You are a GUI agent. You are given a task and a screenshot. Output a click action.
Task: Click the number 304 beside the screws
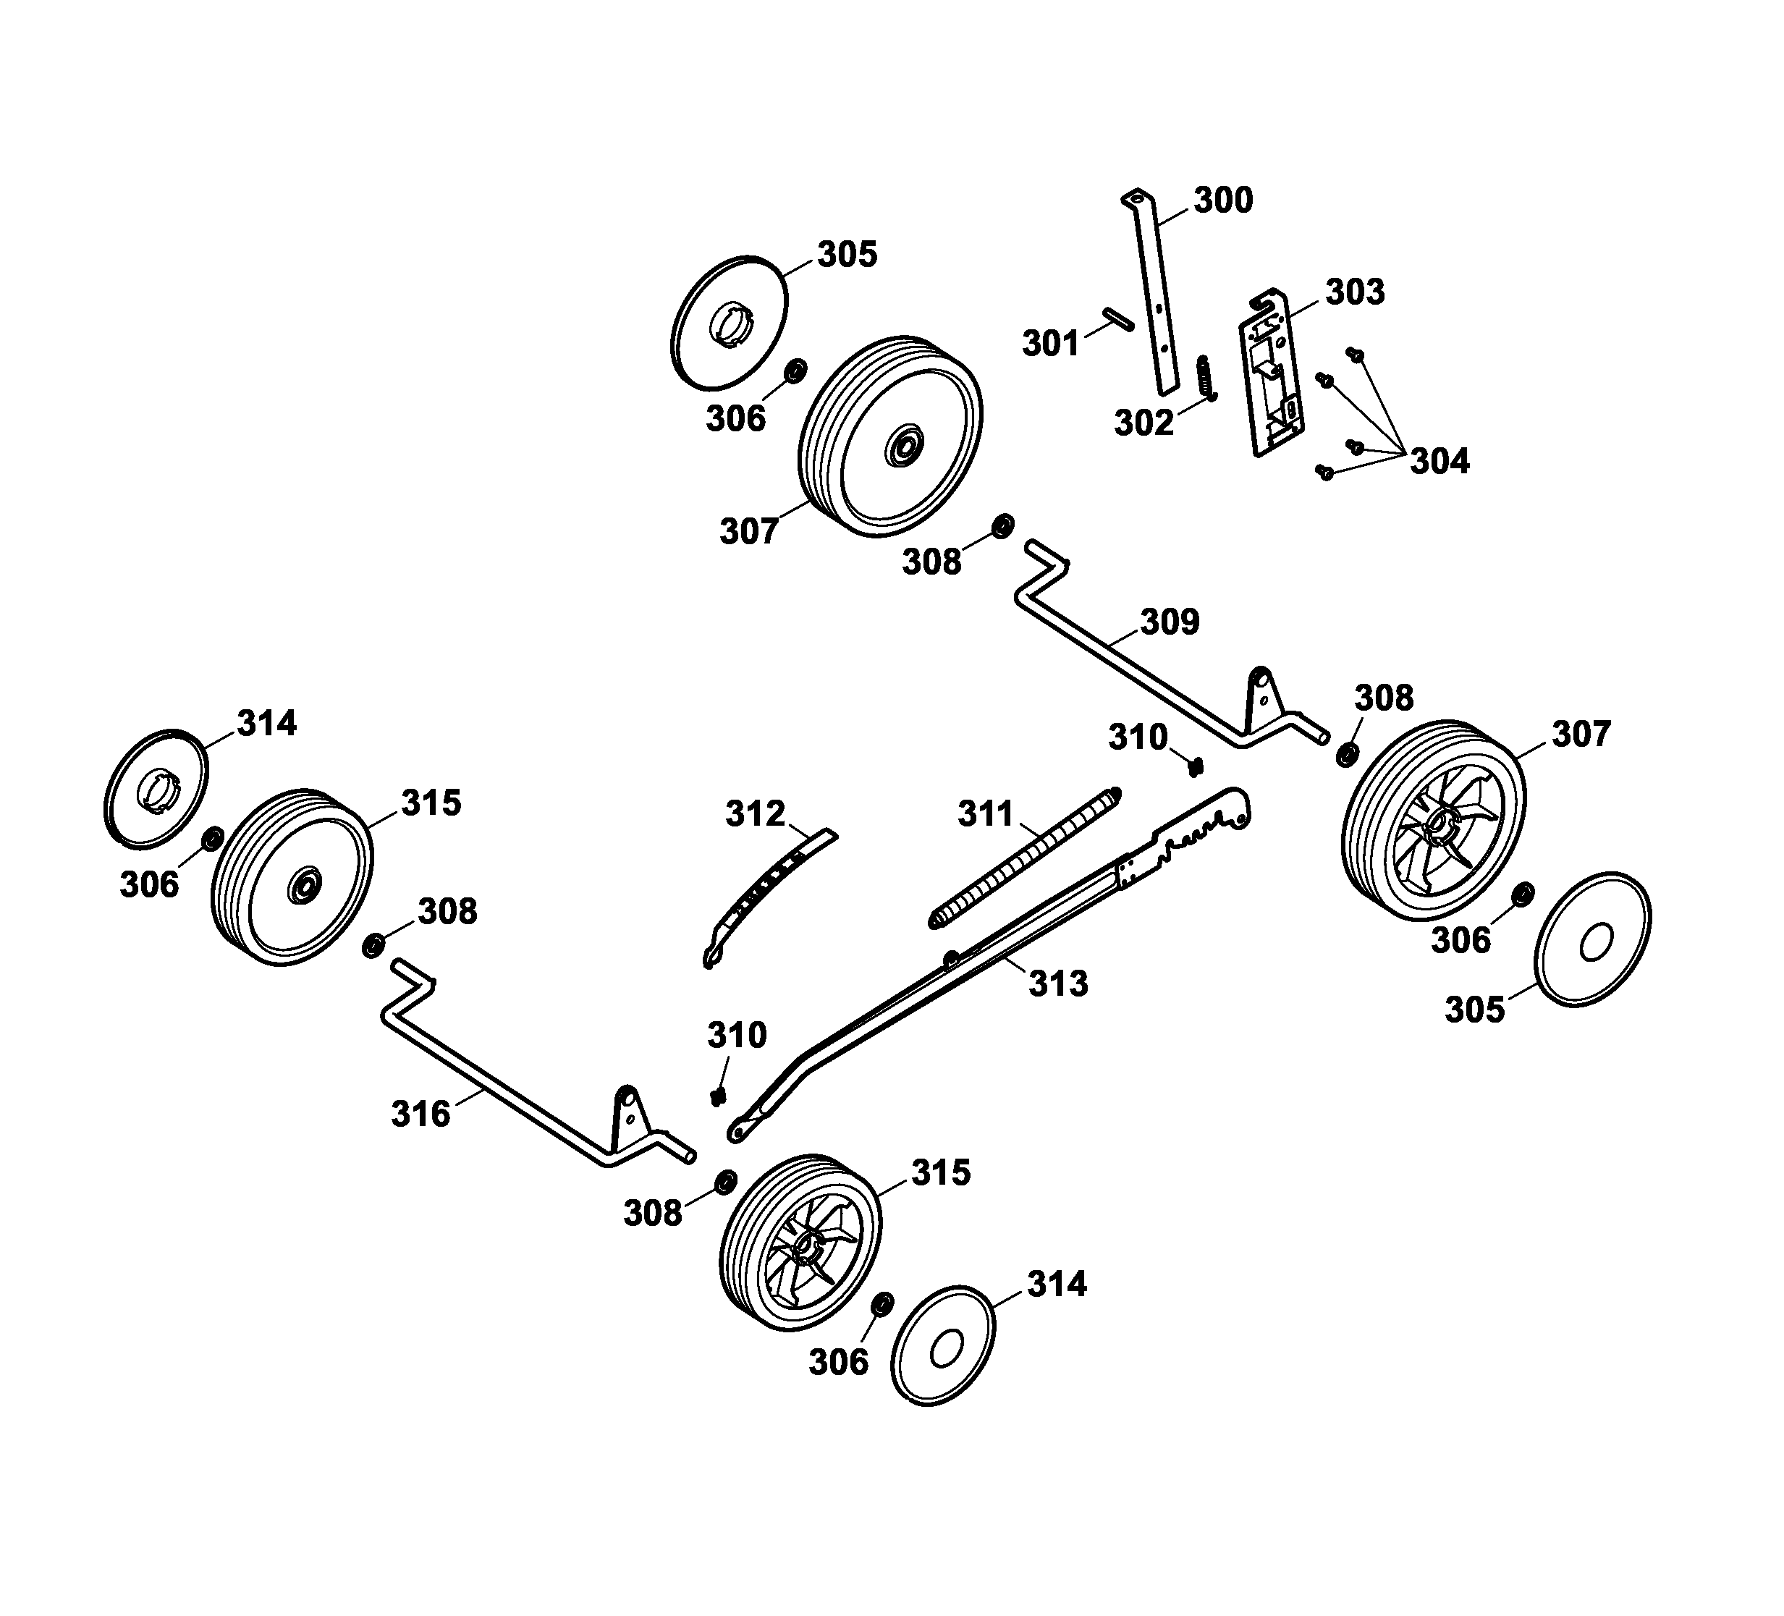point(1439,461)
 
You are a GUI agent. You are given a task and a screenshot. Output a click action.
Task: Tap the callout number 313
point(1057,983)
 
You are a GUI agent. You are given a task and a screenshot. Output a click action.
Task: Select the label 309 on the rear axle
point(1169,622)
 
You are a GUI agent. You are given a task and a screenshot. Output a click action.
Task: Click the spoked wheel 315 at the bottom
point(802,1243)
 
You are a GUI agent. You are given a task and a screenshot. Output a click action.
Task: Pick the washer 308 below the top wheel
point(1002,525)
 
